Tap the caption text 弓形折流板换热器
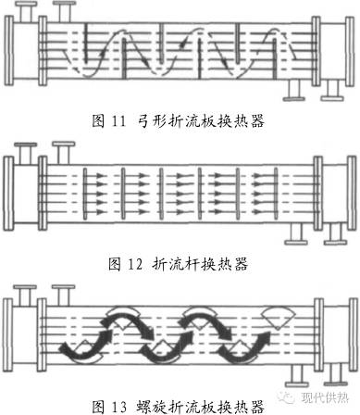click(200, 121)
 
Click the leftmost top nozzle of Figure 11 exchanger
click(31, 12)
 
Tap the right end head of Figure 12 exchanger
click(348, 189)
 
